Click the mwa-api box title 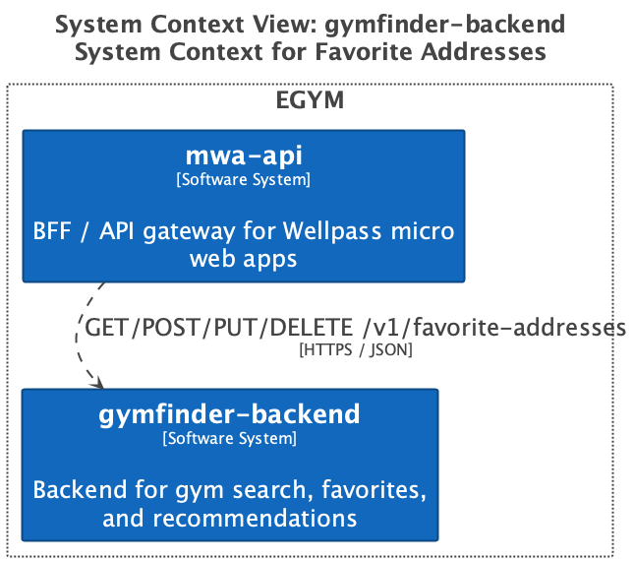(x=244, y=156)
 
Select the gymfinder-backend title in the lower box (x=229, y=414)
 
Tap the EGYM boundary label (x=310, y=100)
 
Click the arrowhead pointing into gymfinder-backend (x=98, y=382)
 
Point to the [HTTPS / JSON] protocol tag (x=356, y=349)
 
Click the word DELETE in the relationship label (x=312, y=327)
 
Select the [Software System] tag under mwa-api (x=244, y=179)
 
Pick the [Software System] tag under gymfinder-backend (x=230, y=438)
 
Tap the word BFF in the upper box (x=52, y=231)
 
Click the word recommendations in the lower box (x=255, y=518)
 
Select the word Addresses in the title (x=484, y=52)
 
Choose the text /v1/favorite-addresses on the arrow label (x=494, y=327)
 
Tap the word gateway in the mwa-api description (x=190, y=232)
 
